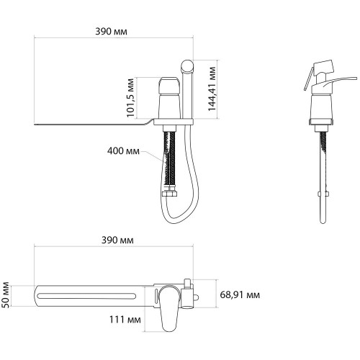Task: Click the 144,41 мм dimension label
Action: tap(212, 89)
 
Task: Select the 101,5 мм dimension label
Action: tap(130, 98)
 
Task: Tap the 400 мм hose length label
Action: tap(123, 151)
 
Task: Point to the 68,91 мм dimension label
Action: tap(240, 294)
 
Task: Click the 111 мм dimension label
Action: tap(125, 320)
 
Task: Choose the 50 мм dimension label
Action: tap(5, 295)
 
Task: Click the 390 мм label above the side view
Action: tap(111, 32)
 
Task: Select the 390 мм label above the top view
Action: tap(117, 240)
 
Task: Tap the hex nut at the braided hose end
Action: tap(169, 193)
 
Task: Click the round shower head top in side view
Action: tap(187, 66)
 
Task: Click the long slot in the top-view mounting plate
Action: tap(86, 296)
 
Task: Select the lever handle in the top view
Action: tap(168, 308)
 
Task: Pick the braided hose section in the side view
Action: tap(169, 161)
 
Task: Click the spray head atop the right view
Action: tap(323, 67)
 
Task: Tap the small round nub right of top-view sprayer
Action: tap(196, 297)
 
